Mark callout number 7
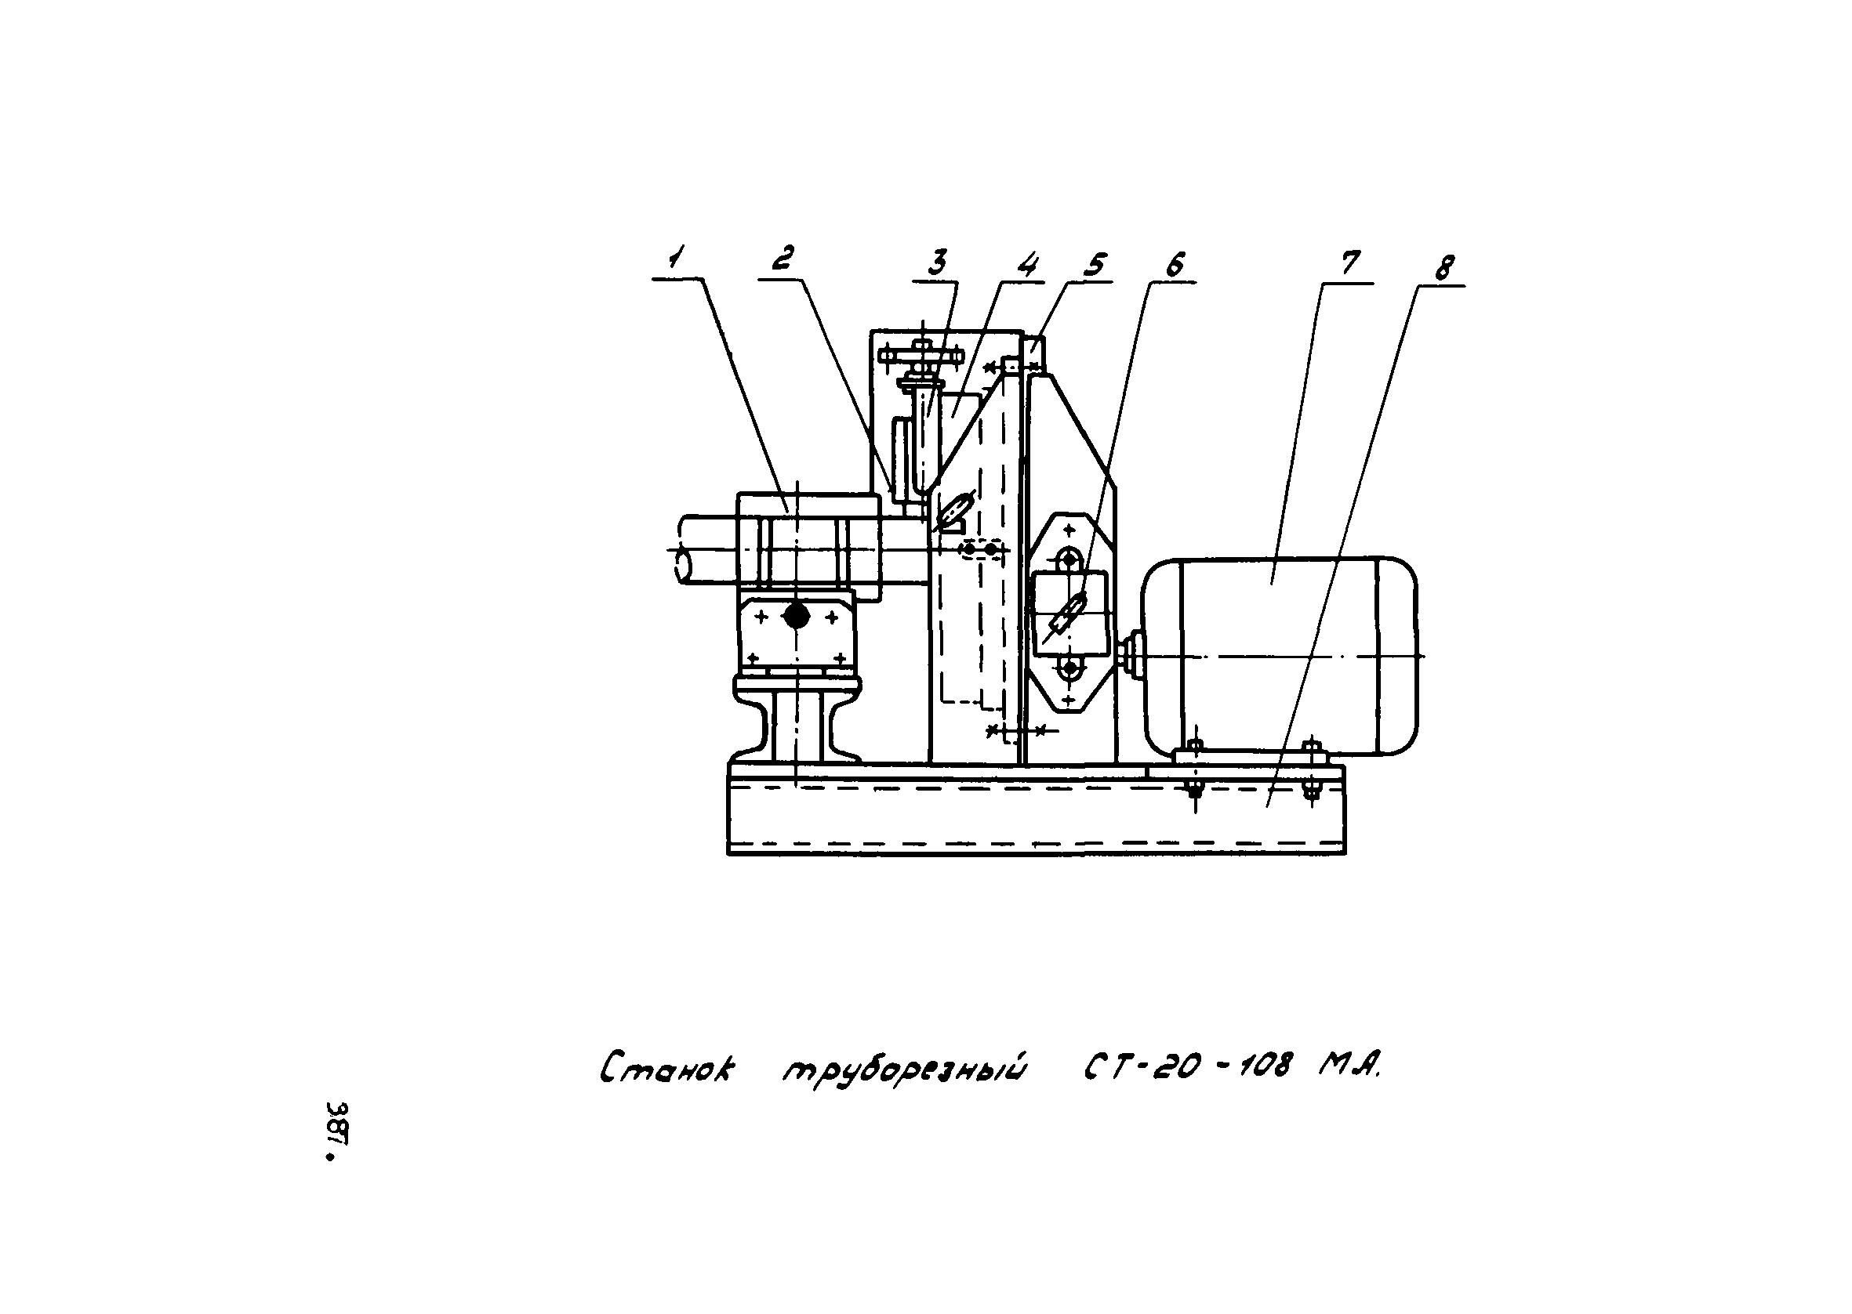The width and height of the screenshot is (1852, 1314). coord(1349,263)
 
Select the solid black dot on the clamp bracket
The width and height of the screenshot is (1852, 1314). coord(797,617)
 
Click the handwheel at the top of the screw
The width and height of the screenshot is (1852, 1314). coord(921,354)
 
